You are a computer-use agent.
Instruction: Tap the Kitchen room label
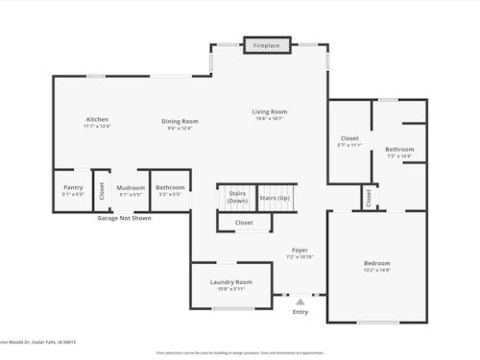(97, 120)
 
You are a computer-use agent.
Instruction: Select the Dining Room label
(180, 121)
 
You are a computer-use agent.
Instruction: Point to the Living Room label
(270, 111)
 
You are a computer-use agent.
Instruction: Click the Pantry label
(73, 187)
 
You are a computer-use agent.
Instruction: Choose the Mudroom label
(131, 187)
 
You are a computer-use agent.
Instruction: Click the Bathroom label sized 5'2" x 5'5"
(170, 187)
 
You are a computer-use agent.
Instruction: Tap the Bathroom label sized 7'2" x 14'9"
(399, 149)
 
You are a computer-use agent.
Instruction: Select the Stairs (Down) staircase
(237, 198)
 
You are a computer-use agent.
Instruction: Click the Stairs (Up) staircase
(275, 198)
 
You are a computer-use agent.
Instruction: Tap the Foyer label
(300, 251)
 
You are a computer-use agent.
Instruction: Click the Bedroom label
(376, 263)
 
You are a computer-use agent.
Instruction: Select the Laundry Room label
(230, 281)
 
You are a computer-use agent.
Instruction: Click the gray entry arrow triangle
(300, 301)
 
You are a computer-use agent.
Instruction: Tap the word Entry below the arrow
(300, 312)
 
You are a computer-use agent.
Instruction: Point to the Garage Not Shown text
(124, 218)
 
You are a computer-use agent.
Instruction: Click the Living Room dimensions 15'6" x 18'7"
(270, 118)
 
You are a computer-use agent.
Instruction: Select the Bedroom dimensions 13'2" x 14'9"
(376, 270)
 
